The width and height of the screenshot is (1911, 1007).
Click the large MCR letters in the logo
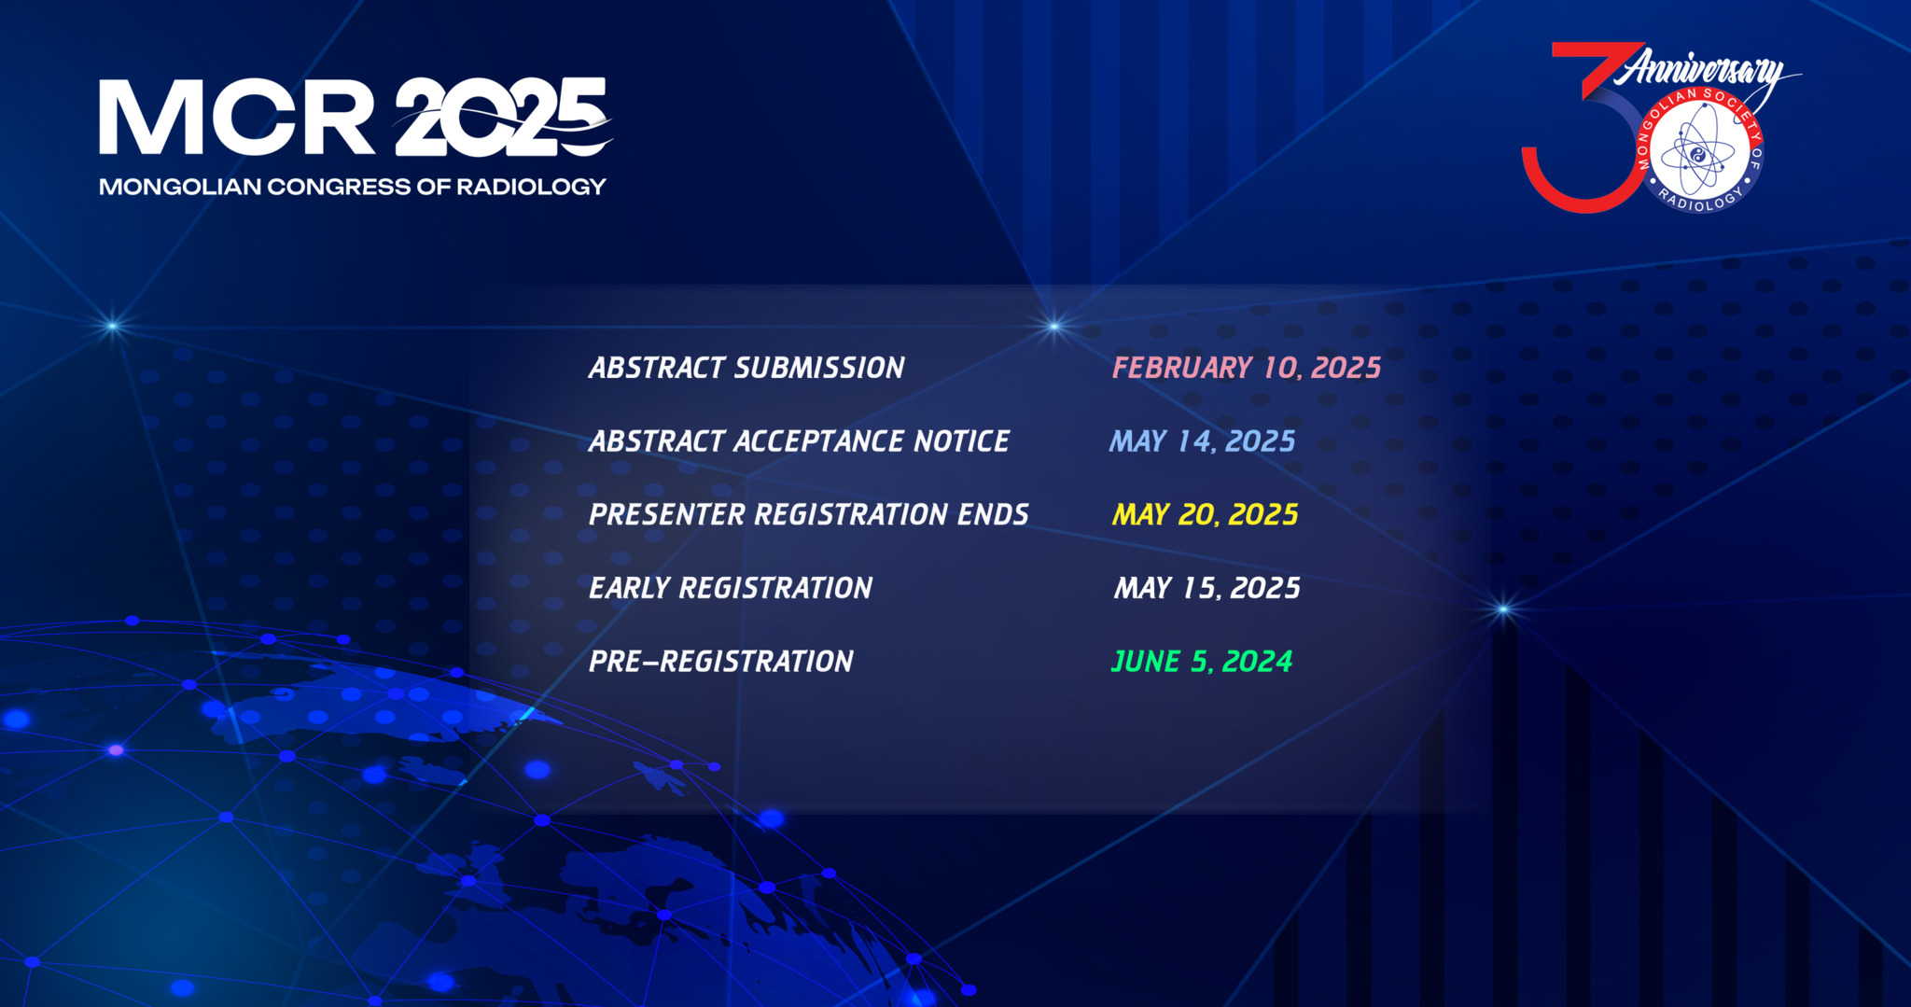(x=237, y=117)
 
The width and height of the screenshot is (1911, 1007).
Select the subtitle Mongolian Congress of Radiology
(x=353, y=187)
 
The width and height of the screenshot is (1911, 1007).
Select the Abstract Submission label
(x=746, y=368)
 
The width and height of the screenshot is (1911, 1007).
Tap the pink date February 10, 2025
(x=1247, y=368)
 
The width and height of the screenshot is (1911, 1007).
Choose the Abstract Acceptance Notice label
(x=799, y=441)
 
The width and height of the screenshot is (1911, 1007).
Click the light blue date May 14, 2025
(x=1203, y=441)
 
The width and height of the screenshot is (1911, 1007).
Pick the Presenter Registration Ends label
(x=809, y=515)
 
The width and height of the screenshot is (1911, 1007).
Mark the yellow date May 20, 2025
(x=1205, y=515)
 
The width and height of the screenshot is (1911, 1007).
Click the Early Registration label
(x=731, y=588)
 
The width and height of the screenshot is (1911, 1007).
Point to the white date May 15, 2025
(x=1207, y=588)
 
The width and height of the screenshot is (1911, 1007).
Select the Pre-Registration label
(x=721, y=662)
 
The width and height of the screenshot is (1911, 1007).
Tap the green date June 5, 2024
(x=1202, y=662)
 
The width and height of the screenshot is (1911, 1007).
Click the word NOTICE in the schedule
(x=961, y=441)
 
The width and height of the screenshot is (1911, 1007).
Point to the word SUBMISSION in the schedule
(x=819, y=368)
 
